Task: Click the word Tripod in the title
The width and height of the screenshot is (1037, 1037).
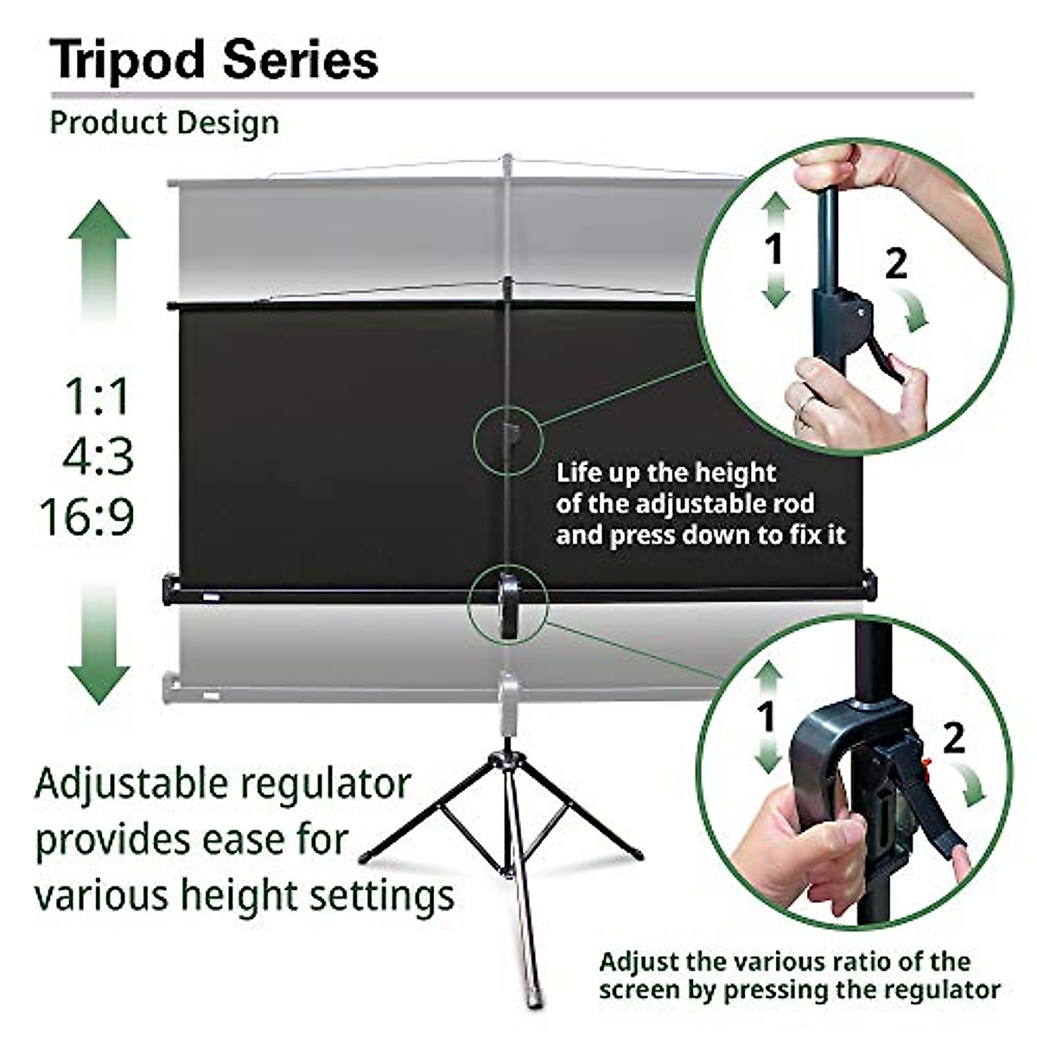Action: click(126, 60)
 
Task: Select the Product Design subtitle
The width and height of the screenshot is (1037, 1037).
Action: click(164, 123)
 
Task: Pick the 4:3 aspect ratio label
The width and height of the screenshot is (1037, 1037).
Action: click(99, 456)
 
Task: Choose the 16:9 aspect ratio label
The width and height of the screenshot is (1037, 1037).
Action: click(86, 517)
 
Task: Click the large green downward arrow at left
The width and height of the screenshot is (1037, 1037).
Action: click(99, 639)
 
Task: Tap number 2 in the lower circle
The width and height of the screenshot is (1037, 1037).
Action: click(952, 739)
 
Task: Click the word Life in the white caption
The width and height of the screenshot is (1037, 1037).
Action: click(578, 474)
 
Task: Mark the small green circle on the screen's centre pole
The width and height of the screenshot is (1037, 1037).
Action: click(508, 439)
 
